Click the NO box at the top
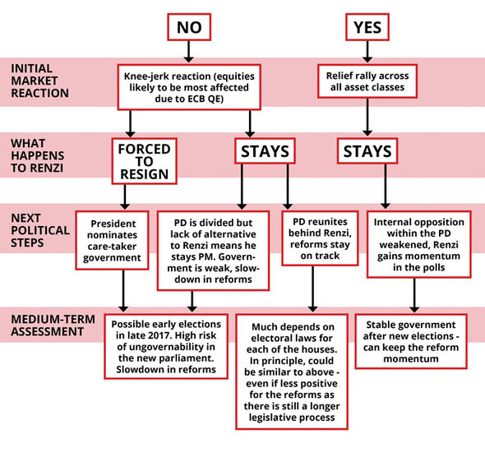[x=189, y=27]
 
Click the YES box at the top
[x=367, y=27]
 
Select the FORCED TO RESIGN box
[x=144, y=161]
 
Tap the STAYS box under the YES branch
[x=367, y=151]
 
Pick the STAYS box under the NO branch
[x=265, y=151]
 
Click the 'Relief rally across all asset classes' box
[x=367, y=81]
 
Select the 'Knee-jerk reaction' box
[x=189, y=87]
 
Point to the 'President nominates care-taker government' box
[x=112, y=240]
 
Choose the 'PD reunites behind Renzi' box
[x=320, y=238]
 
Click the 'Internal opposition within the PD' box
[x=418, y=244]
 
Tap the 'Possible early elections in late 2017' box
[x=166, y=346]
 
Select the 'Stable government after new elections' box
[x=411, y=341]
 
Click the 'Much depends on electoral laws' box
[x=292, y=372]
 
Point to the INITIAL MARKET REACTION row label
[x=39, y=81]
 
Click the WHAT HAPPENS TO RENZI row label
[x=38, y=155]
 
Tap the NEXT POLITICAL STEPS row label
[x=40, y=230]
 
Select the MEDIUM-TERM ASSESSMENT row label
[x=53, y=325]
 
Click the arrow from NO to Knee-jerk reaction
[x=189, y=52]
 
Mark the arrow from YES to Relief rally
[x=367, y=52]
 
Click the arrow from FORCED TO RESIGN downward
[x=125, y=197]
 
